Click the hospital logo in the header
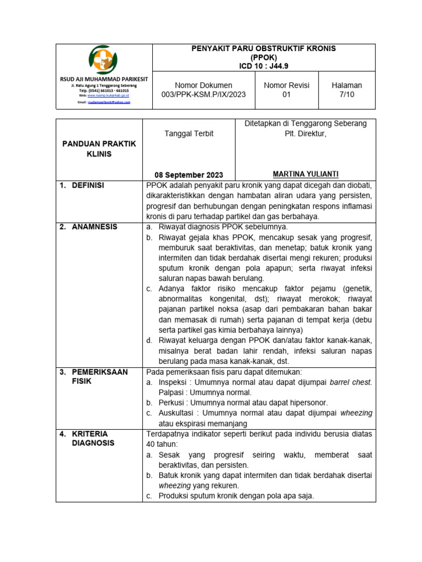click(99, 61)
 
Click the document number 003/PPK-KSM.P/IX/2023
click(203, 94)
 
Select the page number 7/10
click(346, 94)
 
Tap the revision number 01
click(286, 94)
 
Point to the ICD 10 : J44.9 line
click(263, 66)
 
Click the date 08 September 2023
click(188, 176)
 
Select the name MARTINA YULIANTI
click(305, 174)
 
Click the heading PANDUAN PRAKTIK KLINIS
click(99, 149)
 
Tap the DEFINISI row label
click(88, 186)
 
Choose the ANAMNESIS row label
click(94, 227)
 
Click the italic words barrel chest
click(351, 382)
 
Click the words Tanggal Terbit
click(189, 133)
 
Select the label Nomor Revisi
click(286, 85)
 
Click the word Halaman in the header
click(346, 85)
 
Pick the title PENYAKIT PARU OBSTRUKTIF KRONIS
click(263, 49)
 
